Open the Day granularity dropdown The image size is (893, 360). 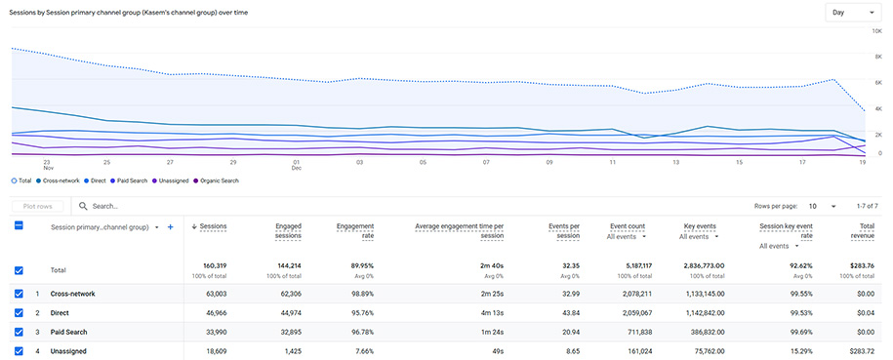click(851, 12)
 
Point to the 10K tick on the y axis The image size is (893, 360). click(875, 31)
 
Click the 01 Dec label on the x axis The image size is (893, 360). click(296, 165)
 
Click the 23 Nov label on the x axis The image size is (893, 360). click(46, 165)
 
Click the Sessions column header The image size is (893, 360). click(212, 226)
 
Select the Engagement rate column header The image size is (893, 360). click(354, 231)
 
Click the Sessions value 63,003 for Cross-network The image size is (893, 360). click(212, 294)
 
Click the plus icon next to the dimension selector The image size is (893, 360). click(171, 227)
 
